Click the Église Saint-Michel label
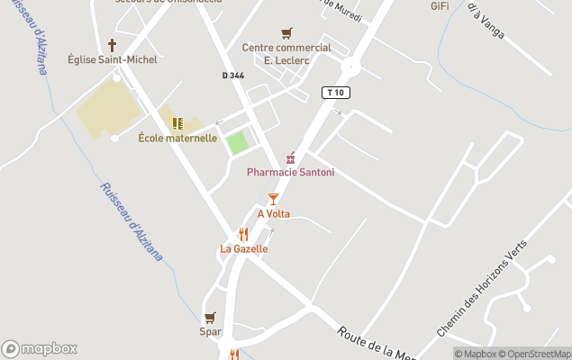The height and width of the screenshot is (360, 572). point(112,59)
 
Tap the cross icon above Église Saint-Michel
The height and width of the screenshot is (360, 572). point(112,44)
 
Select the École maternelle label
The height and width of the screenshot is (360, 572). point(177,139)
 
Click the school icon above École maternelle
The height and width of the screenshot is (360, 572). point(177,123)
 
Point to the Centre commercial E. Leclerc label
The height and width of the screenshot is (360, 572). point(286,54)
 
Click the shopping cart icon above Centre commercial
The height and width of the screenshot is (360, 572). point(286,33)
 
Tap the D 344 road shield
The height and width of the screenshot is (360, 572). point(232,76)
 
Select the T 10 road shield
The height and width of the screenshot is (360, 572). point(336,93)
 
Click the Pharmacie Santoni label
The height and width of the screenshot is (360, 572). point(290,172)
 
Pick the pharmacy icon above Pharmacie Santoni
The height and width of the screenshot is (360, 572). point(290,157)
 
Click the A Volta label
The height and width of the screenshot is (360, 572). point(274,214)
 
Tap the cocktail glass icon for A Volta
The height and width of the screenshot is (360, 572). point(274,199)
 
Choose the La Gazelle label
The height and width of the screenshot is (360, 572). point(244,248)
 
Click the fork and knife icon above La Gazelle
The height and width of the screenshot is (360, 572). point(243,234)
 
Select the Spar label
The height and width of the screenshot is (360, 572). point(210,331)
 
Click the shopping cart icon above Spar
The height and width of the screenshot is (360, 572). point(210,317)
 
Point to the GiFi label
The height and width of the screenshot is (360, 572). point(440,6)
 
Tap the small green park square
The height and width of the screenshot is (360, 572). point(237,142)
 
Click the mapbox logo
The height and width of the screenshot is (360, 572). point(40,348)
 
